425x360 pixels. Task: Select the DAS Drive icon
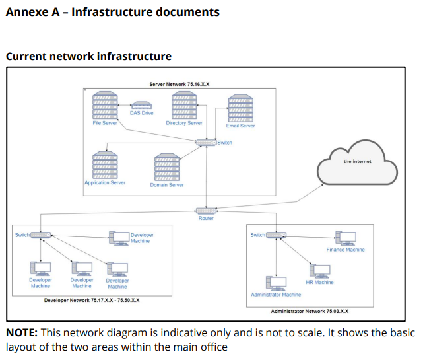141,104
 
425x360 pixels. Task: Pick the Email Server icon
240,108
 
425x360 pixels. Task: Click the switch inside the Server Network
206,143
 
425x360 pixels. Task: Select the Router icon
206,211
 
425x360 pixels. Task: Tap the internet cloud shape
357,166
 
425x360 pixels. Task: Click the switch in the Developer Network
42,235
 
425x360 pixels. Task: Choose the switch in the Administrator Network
277,235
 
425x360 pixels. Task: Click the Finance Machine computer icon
345,238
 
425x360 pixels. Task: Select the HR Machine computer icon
320,271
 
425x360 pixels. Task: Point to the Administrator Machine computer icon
276,283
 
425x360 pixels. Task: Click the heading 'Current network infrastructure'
88,56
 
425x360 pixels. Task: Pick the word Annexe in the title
26,12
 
